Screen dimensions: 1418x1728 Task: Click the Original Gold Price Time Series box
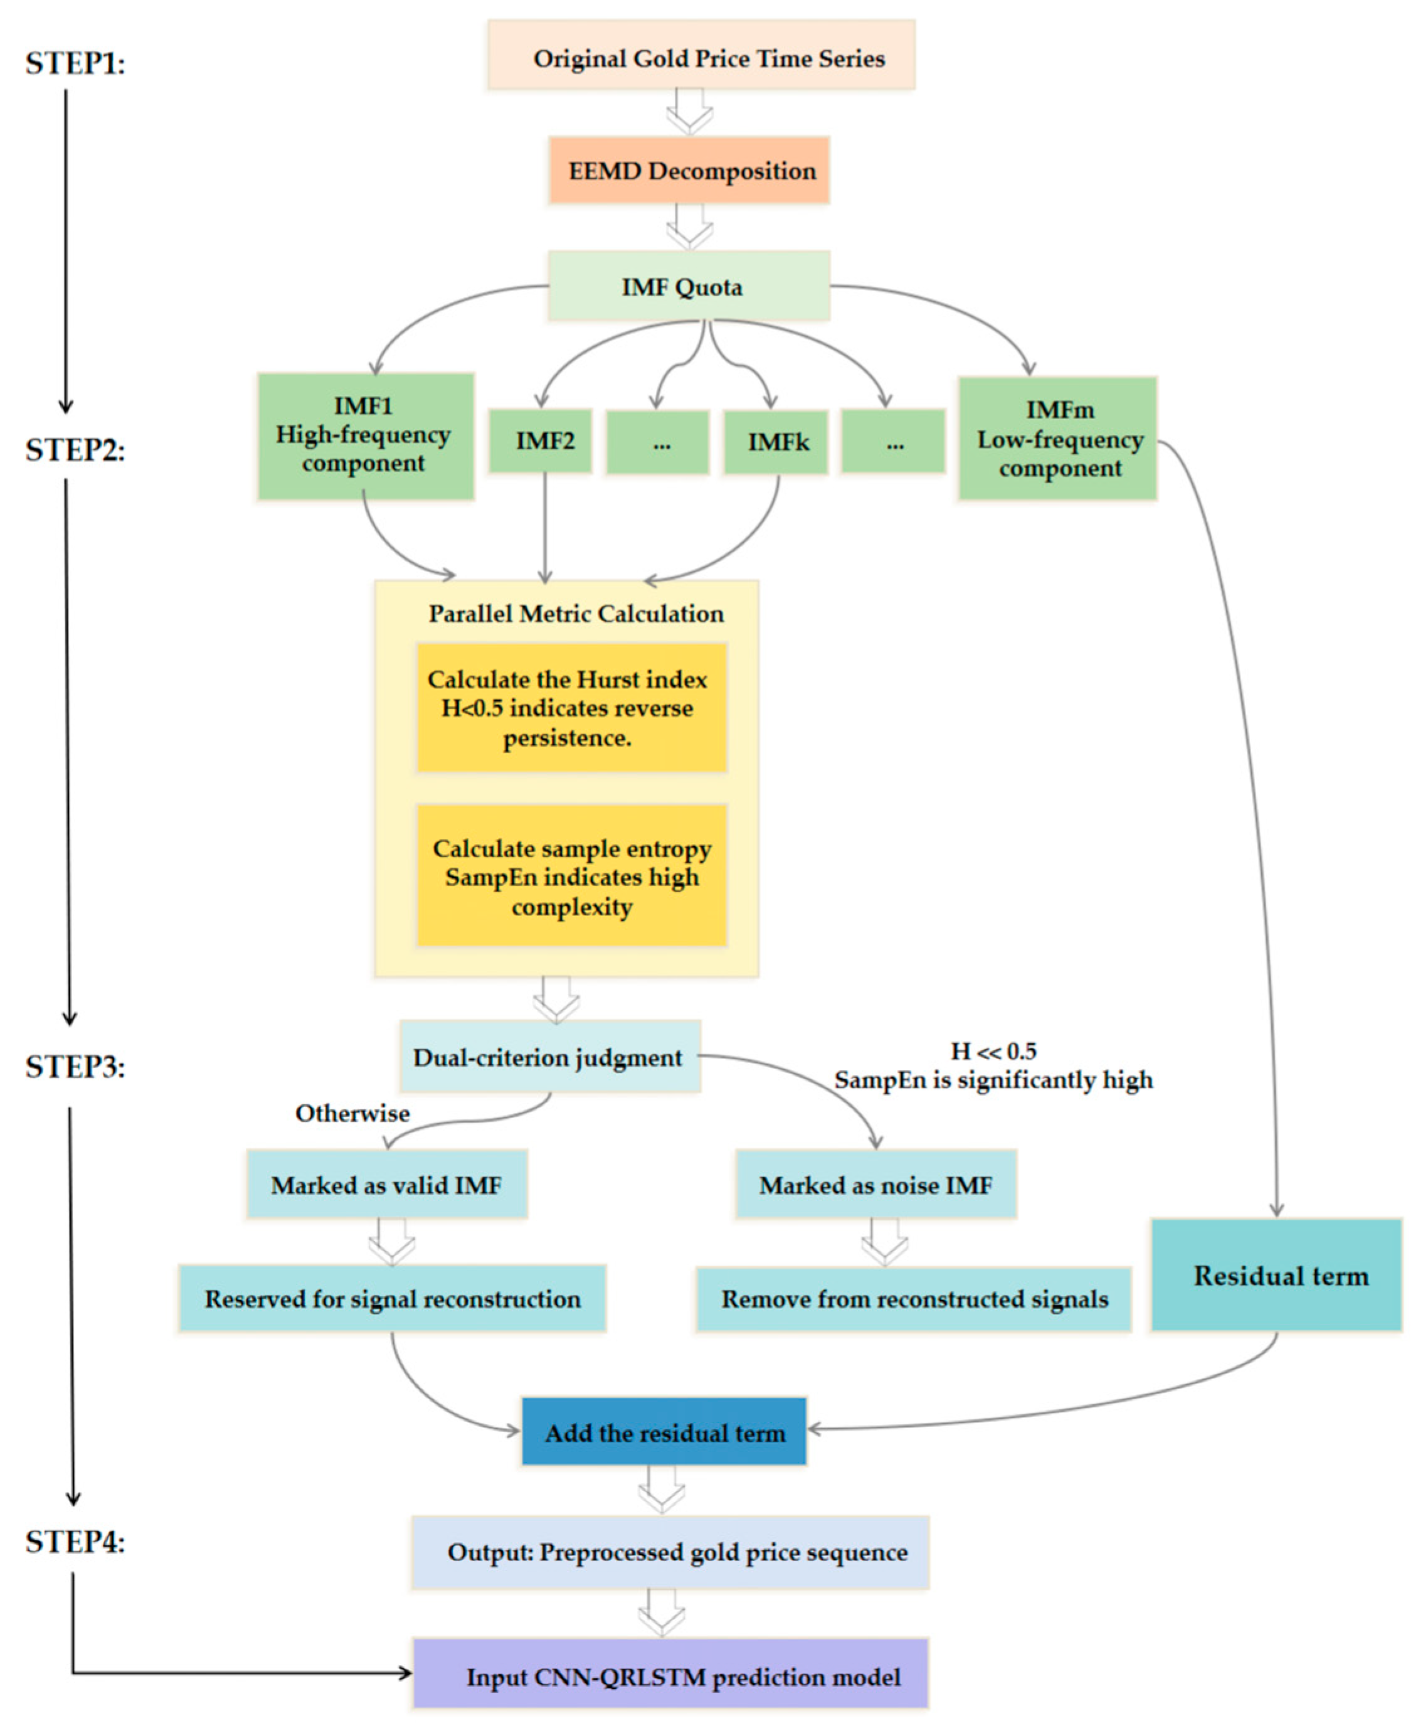coord(701,55)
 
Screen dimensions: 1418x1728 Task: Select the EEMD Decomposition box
coord(689,170)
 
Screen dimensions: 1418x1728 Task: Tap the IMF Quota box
coord(689,286)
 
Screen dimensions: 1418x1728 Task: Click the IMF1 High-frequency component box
coord(365,436)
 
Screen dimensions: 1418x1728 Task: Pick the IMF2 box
coord(540,441)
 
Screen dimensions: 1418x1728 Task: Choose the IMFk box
coord(775,442)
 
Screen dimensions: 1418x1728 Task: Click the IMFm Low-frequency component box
coord(1057,438)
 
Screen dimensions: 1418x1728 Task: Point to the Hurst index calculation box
coord(572,708)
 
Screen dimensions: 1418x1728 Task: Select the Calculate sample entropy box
coord(572,876)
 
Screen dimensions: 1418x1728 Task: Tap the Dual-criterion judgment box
coord(550,1057)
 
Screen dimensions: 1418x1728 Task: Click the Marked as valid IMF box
coord(386,1185)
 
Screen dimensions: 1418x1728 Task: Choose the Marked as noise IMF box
coord(876,1185)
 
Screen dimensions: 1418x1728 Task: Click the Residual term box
coord(1276,1276)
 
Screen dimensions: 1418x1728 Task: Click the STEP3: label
coord(75,1067)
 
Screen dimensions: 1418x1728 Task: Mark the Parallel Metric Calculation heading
coord(576,614)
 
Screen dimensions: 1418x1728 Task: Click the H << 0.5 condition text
coord(993,1051)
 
